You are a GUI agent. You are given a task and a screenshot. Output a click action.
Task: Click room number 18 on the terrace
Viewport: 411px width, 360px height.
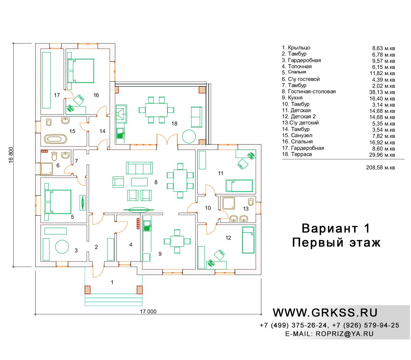tap(174, 123)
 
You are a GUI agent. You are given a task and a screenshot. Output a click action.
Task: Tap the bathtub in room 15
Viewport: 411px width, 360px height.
tap(55, 139)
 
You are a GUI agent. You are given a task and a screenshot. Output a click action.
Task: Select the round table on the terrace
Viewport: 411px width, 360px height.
tap(189, 136)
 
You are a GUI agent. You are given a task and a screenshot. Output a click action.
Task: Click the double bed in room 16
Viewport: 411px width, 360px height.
tap(81, 71)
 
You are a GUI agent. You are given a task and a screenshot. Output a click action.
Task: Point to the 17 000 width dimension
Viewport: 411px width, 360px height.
tap(148, 312)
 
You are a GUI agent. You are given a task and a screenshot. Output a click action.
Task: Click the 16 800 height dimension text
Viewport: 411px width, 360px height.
tap(11, 155)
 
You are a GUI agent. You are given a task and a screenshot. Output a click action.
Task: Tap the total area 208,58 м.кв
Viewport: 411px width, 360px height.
tap(380, 168)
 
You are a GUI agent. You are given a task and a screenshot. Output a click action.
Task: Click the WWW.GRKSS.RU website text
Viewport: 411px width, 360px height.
tap(325, 313)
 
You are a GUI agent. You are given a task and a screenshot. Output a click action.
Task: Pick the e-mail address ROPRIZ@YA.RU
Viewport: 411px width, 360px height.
tap(345, 334)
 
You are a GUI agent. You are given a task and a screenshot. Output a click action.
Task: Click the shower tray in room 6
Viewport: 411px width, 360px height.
tap(46, 169)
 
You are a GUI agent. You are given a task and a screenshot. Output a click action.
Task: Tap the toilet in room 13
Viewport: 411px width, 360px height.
tap(251, 202)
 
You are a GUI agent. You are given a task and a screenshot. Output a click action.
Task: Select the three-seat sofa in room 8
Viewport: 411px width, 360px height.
tap(139, 168)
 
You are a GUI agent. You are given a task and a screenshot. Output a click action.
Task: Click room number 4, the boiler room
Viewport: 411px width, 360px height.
tap(131, 244)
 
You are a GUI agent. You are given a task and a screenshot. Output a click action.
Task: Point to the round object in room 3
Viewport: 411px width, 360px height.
tap(62, 247)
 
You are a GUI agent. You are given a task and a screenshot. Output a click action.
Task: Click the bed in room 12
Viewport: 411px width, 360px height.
tap(248, 240)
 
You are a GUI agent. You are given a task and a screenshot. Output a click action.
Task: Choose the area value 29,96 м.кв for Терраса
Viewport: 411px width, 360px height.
tap(382, 155)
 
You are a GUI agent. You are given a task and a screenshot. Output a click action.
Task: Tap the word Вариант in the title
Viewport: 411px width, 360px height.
tap(330, 228)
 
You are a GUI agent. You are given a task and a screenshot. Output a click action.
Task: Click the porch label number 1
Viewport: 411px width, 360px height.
tap(112, 283)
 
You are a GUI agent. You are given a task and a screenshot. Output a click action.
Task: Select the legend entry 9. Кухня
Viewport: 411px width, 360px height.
tap(292, 98)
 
